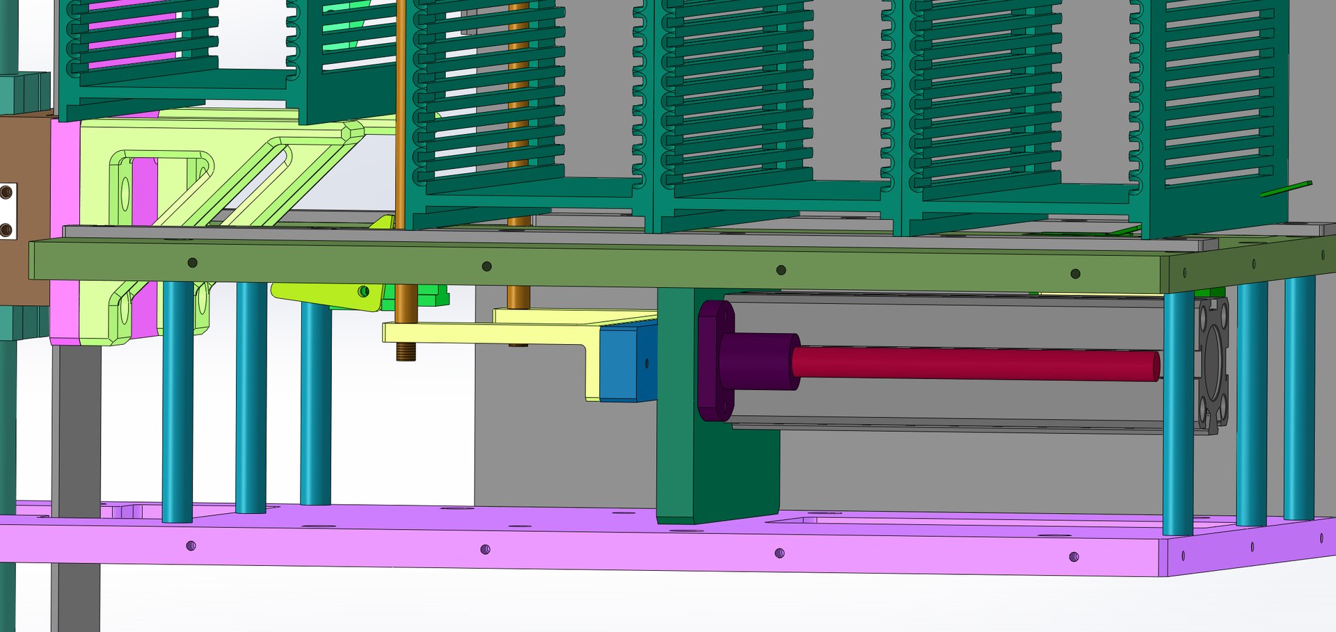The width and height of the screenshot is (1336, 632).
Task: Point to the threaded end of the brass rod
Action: coord(406,352)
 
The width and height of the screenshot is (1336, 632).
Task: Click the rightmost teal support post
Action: coord(1298,396)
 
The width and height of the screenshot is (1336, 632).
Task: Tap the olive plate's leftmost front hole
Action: coord(193,263)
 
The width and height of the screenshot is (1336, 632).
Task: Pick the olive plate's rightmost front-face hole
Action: coord(1075,274)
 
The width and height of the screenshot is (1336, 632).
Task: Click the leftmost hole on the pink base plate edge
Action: coord(191,546)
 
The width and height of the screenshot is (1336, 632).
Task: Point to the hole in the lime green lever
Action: coord(363,291)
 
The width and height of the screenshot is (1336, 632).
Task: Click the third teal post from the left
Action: coord(315,403)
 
